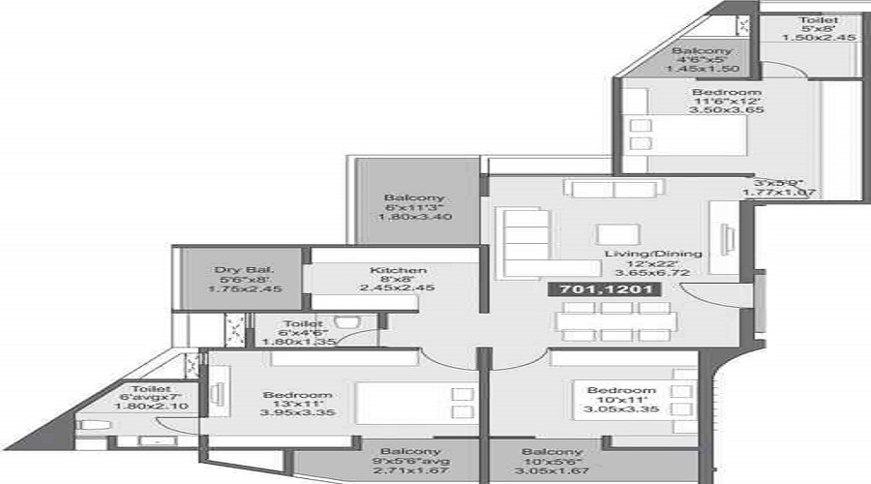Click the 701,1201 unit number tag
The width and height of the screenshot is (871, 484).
tap(591, 288)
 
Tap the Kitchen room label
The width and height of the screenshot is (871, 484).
tap(395, 271)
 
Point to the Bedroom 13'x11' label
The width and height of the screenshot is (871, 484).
tap(298, 395)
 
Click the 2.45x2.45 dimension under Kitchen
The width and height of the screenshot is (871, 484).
tap(395, 287)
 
